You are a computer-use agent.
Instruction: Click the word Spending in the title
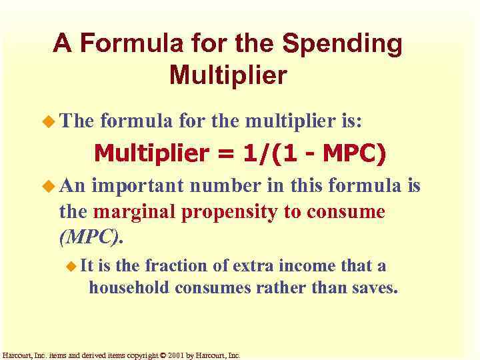[x=343, y=44]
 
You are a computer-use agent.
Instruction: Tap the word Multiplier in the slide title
[x=228, y=75]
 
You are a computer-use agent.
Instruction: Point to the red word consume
[x=351, y=212]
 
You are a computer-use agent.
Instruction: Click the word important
[x=136, y=186]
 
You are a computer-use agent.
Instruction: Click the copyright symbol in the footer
[x=162, y=355]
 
